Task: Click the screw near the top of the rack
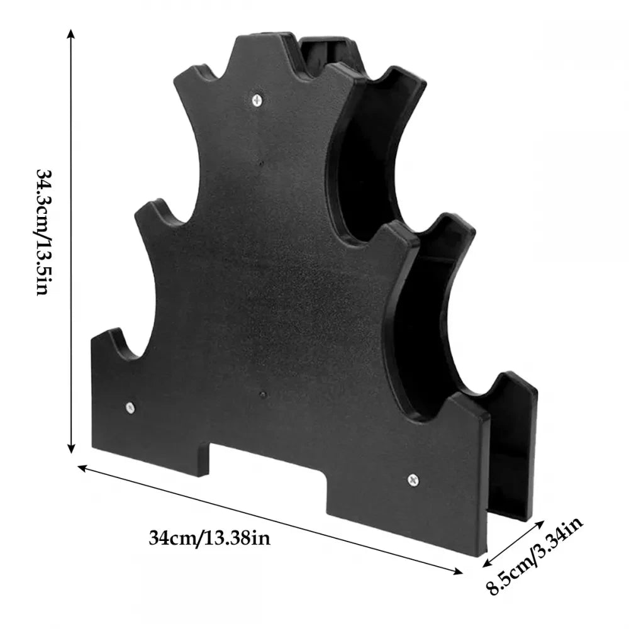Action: [x=257, y=99]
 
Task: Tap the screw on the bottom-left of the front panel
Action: [x=130, y=408]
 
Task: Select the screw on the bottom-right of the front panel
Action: [x=413, y=480]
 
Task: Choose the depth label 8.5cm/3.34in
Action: [x=535, y=557]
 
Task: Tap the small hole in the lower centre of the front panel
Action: [x=263, y=395]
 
